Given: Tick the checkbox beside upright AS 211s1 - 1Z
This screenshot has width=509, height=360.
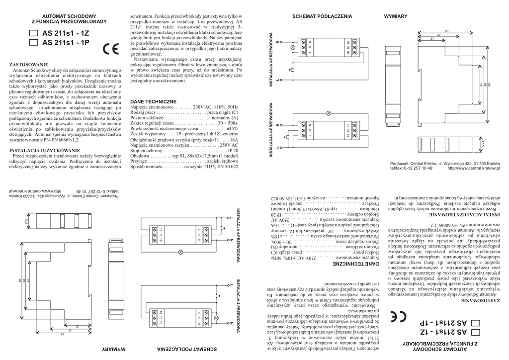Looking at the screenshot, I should tap(34, 33).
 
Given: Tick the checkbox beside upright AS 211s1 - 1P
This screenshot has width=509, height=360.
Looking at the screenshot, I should tap(34, 43).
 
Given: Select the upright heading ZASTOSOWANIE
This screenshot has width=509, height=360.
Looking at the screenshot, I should tap(29, 65).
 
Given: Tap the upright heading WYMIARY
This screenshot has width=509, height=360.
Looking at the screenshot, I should tap(396, 16).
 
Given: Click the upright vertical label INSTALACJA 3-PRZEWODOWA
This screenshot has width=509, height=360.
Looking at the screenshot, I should tap(271, 59).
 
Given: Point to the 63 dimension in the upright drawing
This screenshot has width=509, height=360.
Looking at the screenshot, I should tap(446, 31).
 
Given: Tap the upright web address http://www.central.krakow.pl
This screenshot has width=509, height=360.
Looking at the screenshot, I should tap(473, 168).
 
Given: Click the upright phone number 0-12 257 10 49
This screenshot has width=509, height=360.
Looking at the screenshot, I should tap(418, 168).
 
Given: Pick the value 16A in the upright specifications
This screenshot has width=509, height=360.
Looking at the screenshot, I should tap(233, 141).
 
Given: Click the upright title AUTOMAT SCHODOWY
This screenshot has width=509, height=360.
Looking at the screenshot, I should tap(69, 17).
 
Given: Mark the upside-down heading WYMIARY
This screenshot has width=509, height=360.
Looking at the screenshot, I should tap(113, 349).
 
